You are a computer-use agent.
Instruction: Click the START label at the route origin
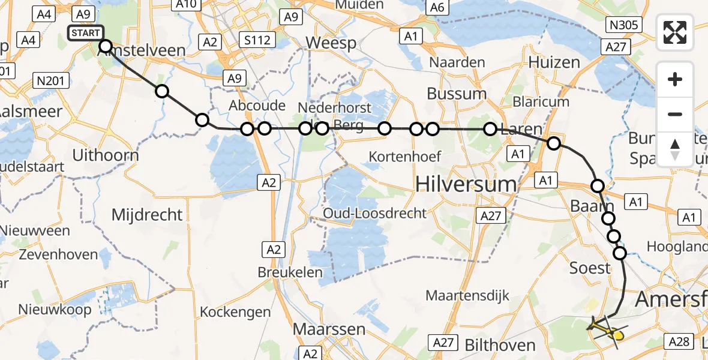[x=86, y=32]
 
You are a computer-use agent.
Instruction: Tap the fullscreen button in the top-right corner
[x=675, y=32]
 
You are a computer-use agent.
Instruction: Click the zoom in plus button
[x=675, y=79]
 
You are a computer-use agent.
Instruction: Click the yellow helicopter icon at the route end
[x=608, y=329]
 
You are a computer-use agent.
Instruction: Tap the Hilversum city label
[x=466, y=184]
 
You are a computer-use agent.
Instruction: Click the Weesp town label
[x=331, y=43]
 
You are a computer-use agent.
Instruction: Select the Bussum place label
[x=457, y=94]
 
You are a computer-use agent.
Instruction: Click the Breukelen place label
[x=290, y=272]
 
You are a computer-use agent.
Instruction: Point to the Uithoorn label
[x=105, y=155]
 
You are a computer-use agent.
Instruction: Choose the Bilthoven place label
[x=499, y=345]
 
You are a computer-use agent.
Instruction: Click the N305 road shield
[x=625, y=25]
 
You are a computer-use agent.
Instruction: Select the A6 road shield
[x=436, y=7]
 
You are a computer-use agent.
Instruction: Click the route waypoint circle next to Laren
[x=490, y=128]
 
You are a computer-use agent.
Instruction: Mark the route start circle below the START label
[x=105, y=46]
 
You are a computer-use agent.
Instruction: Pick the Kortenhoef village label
[x=405, y=157]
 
